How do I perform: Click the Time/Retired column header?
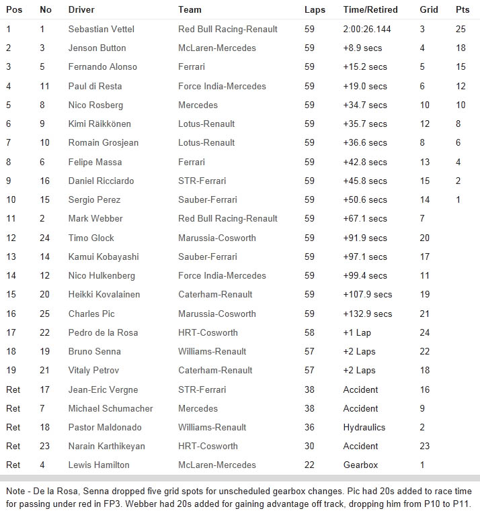[x=370, y=10]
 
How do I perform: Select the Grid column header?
[x=429, y=10]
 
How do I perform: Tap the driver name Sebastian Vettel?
[x=102, y=29]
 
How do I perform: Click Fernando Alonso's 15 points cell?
[x=461, y=67]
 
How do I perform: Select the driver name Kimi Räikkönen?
[x=99, y=124]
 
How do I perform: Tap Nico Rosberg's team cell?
[x=198, y=105]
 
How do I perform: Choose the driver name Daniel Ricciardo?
[x=101, y=181]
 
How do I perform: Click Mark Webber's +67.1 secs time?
[x=365, y=219]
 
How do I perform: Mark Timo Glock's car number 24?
[x=46, y=238]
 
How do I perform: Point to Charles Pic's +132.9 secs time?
[x=368, y=314]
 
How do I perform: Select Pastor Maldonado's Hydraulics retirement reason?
[x=364, y=427]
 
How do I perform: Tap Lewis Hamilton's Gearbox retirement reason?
[x=360, y=465]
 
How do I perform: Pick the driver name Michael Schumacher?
[x=110, y=408]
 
